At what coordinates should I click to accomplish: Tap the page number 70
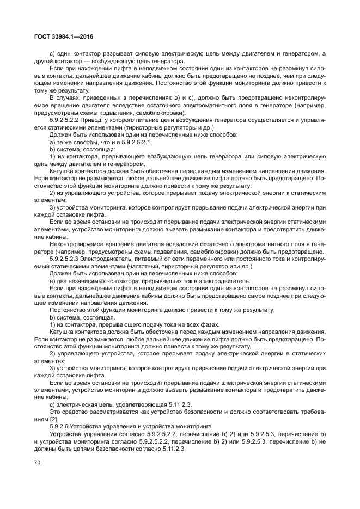pyautogui.click(x=38, y=462)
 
